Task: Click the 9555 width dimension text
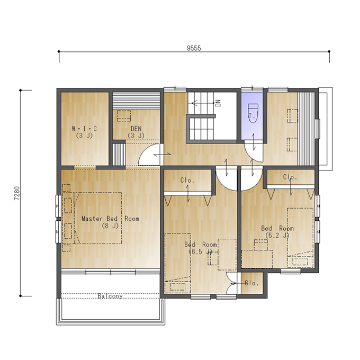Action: tap(194, 48)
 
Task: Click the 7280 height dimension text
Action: tap(17, 193)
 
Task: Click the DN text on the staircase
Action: tap(218, 103)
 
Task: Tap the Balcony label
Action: tap(110, 296)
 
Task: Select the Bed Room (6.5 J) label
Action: tap(201, 248)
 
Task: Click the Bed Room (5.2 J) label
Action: tap(277, 232)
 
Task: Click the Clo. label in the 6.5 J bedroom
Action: tap(187, 180)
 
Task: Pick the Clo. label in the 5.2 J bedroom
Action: tap(290, 177)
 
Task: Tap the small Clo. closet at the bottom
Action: tap(252, 283)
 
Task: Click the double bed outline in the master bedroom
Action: tap(98, 218)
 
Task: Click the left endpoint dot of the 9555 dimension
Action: tap(59, 51)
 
